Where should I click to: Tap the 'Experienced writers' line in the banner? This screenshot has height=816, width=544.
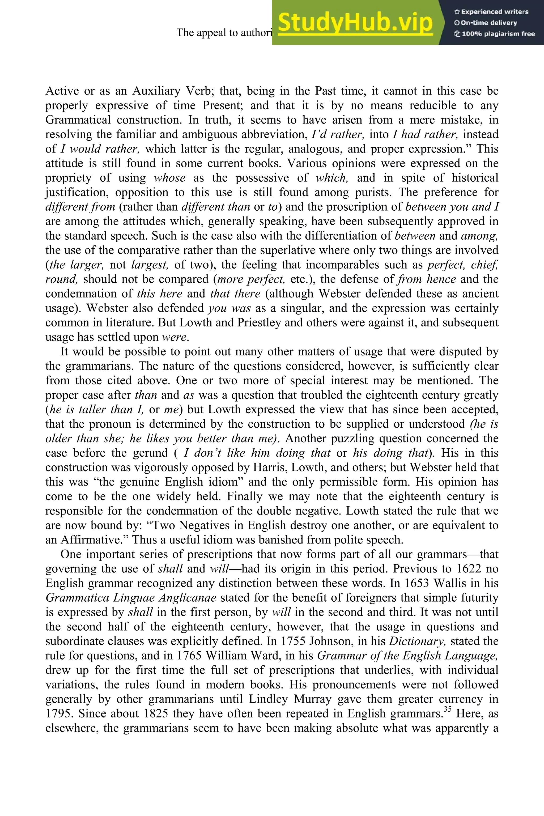(491, 12)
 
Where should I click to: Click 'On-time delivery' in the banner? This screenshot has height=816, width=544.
(486, 23)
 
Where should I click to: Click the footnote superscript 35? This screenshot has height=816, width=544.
(448, 709)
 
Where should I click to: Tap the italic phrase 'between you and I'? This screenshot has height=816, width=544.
(452, 207)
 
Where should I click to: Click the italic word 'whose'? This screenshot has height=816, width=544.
(170, 178)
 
